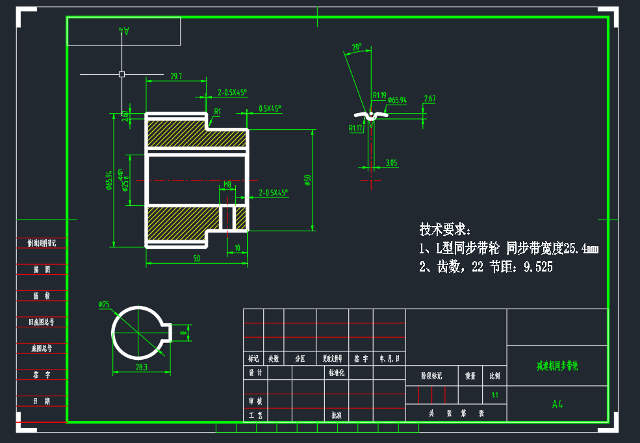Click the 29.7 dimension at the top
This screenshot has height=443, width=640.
click(175, 77)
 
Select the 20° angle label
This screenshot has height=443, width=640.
click(356, 47)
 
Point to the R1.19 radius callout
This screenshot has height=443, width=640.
click(379, 95)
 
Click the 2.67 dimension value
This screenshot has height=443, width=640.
click(429, 99)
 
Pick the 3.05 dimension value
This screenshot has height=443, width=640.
click(390, 163)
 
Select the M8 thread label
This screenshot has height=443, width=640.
click(227, 184)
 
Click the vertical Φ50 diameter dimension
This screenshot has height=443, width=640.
click(308, 180)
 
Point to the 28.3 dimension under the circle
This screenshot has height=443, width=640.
click(141, 367)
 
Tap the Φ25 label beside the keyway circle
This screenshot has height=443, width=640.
click(104, 304)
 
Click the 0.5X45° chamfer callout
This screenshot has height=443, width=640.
click(270, 108)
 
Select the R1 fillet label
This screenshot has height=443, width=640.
click(218, 112)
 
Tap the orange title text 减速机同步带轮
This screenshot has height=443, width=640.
click(557, 366)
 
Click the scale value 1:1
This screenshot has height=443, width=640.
click(494, 394)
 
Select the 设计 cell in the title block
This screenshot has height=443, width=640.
click(255, 373)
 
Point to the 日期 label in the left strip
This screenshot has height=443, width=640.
click(42, 401)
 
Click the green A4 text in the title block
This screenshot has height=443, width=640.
click(557, 404)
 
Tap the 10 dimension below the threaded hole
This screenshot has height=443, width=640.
click(238, 247)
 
